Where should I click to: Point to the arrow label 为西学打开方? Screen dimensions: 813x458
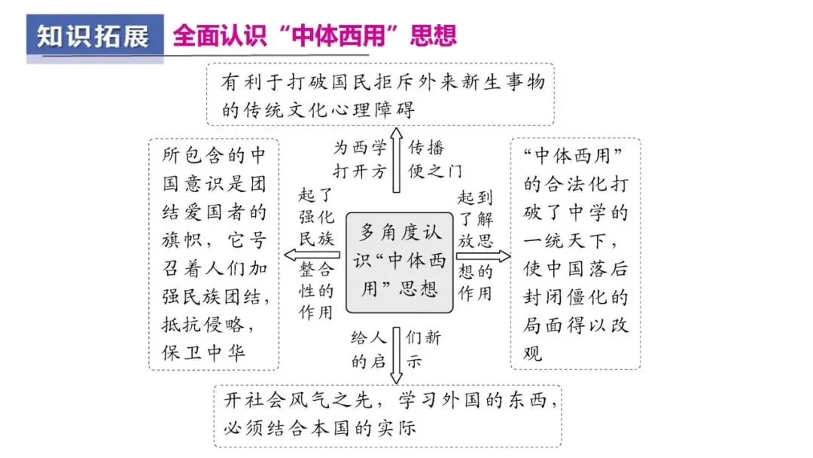[361, 159]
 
